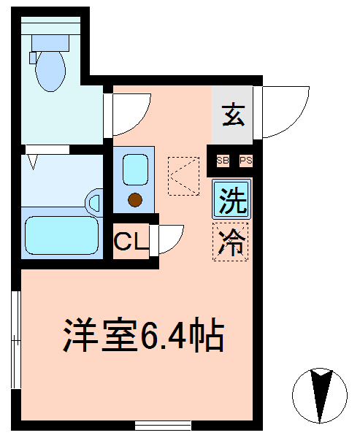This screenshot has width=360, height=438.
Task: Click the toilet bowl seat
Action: pyautogui.click(x=50, y=71)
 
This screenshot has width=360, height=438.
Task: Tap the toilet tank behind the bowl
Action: pyautogui.click(x=50, y=43)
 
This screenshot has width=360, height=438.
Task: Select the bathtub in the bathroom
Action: pyautogui.click(x=62, y=235)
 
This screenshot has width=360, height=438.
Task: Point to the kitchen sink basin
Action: pyautogui.click(x=136, y=170)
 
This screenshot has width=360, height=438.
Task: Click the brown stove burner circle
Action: pyautogui.click(x=135, y=200)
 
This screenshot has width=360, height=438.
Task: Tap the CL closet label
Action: pyautogui.click(x=131, y=241)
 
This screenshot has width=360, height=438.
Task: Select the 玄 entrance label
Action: pyautogui.click(x=234, y=115)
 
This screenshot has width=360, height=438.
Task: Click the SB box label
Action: pyautogui.click(x=223, y=161)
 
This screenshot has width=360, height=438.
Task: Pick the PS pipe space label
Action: pyautogui.click(x=246, y=161)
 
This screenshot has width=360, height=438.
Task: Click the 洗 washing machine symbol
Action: pyautogui.click(x=231, y=199)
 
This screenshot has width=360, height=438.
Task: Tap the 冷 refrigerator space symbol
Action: pyautogui.click(x=231, y=242)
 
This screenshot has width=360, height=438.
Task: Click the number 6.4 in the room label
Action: pyautogui.click(x=164, y=335)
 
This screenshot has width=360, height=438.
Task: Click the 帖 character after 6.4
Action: pyautogui.click(x=206, y=335)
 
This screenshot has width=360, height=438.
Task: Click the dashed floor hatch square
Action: pyautogui.click(x=183, y=176)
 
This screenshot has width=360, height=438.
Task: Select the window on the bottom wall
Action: pyautogui.click(x=163, y=426)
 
